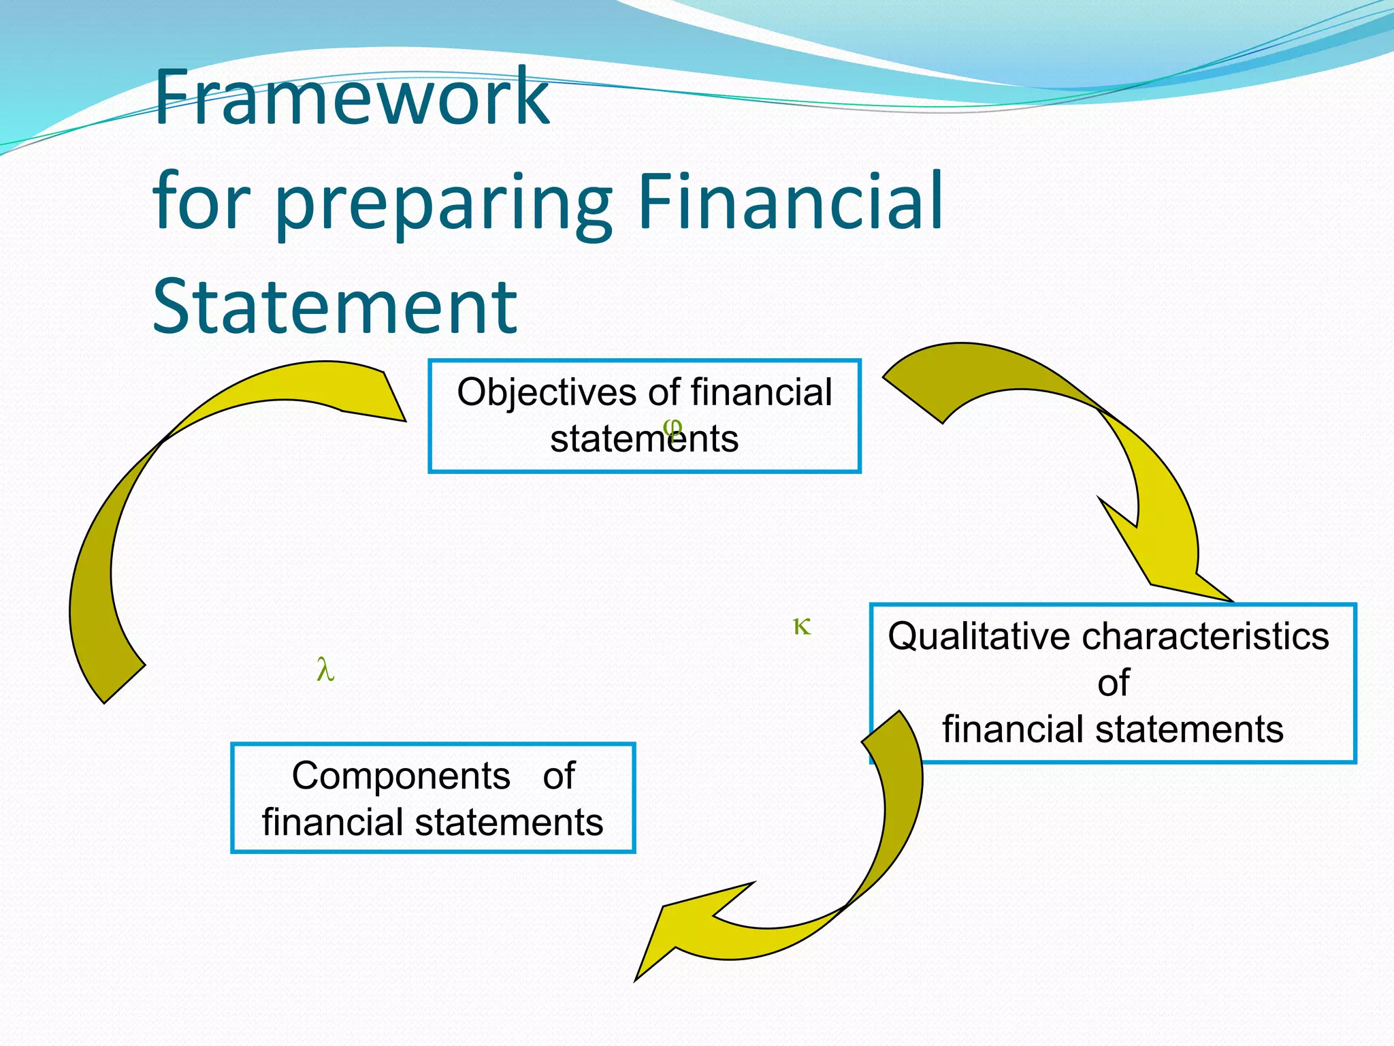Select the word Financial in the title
pyautogui.click(x=790, y=201)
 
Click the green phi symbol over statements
pyautogui.click(x=672, y=427)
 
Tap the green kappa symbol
pyautogui.click(x=802, y=626)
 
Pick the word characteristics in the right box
pyautogui.click(x=1205, y=637)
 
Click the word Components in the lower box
pyautogui.click(x=401, y=776)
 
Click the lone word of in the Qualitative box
pyautogui.click(x=1114, y=682)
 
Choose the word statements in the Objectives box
pyautogui.click(x=644, y=439)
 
